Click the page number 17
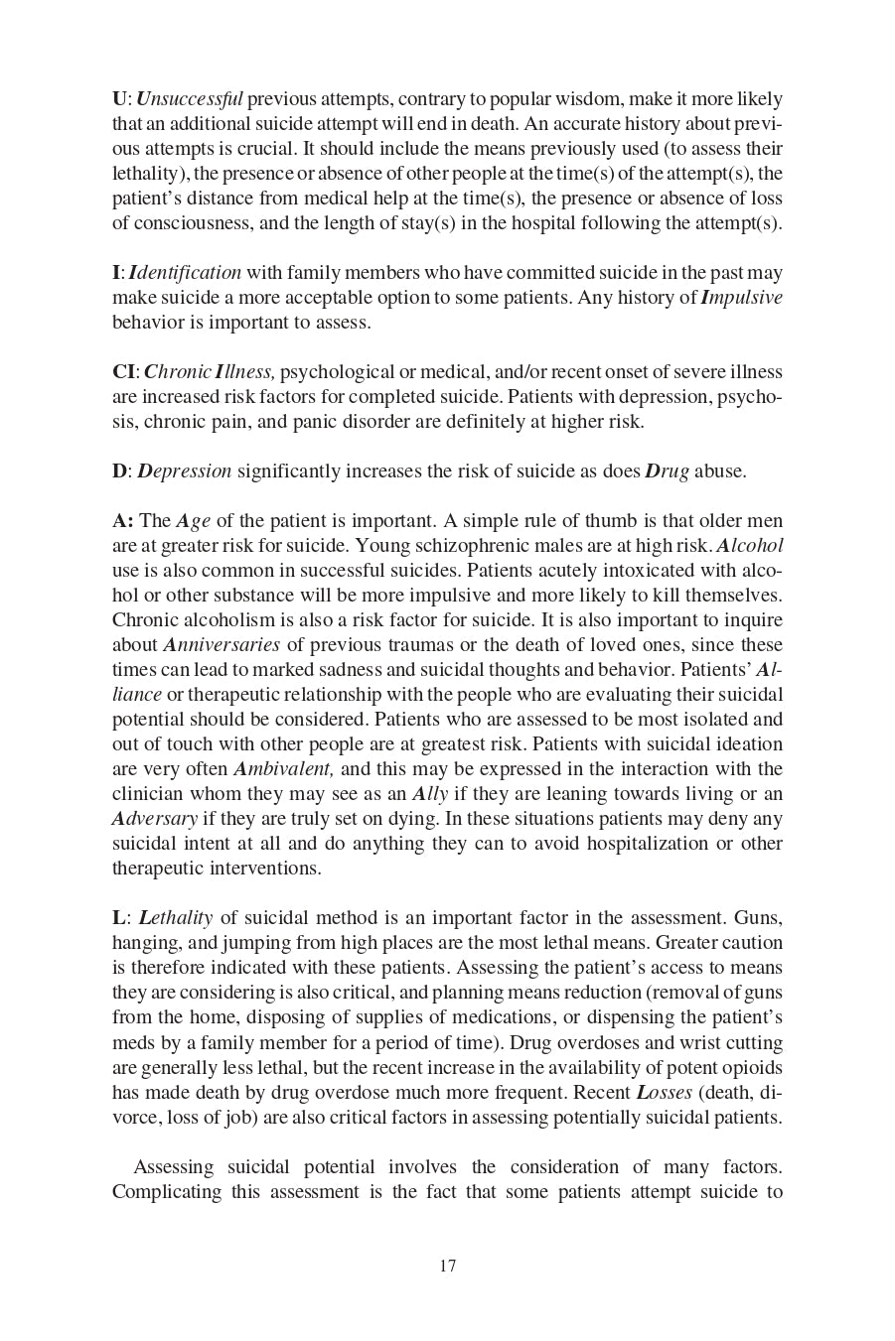[x=447, y=1266]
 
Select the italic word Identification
[x=185, y=273]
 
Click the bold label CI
[x=124, y=372]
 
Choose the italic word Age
[x=193, y=521]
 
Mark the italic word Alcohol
[x=750, y=546]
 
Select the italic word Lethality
[x=176, y=918]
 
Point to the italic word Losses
[x=664, y=1093]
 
